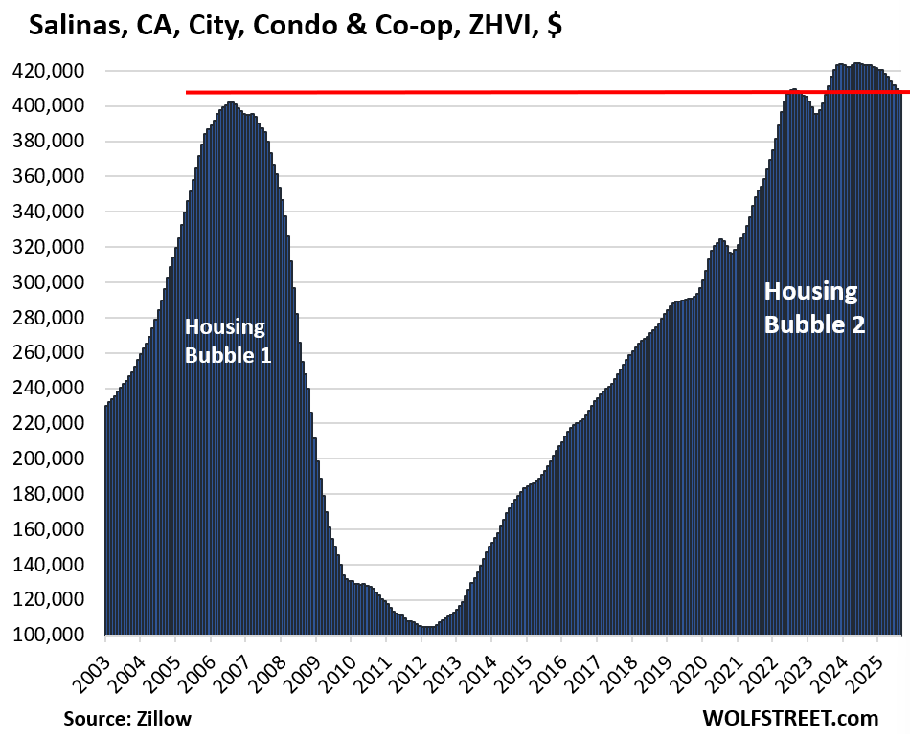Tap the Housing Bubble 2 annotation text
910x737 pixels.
(813, 307)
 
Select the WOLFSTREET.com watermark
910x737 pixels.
(788, 717)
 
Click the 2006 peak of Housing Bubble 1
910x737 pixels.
(230, 103)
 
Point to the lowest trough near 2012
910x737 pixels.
(426, 627)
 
